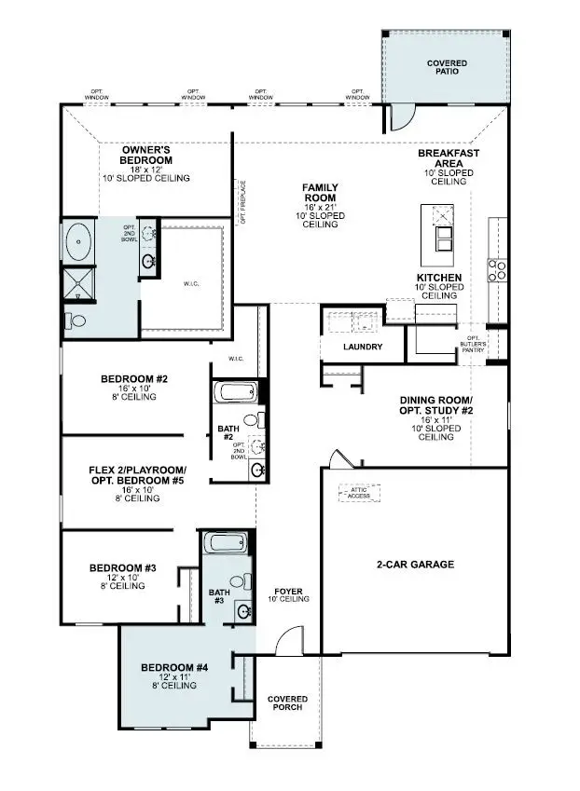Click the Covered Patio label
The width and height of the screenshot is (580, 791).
(x=447, y=69)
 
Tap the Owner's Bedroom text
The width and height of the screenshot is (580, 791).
(x=147, y=155)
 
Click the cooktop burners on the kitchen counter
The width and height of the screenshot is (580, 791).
(x=498, y=269)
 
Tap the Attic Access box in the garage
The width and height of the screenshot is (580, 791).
(x=360, y=492)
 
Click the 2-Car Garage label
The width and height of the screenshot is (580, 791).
(x=415, y=565)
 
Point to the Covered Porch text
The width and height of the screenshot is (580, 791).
(x=287, y=703)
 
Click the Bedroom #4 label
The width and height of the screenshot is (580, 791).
(x=174, y=668)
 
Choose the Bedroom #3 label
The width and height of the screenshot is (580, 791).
(x=122, y=567)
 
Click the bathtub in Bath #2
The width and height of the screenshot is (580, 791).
(x=235, y=390)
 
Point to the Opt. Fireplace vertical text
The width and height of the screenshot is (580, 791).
(x=242, y=202)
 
